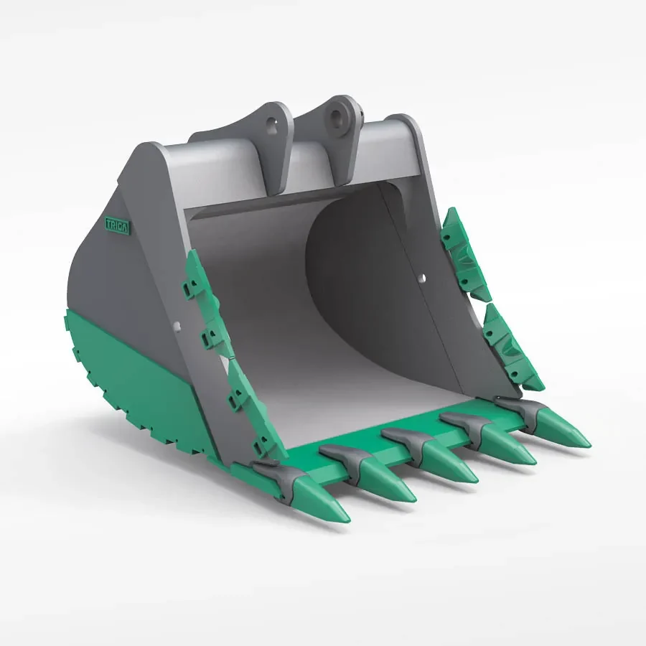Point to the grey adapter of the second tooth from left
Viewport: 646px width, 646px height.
pyautogui.click(x=343, y=457)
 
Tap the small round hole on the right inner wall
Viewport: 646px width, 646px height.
pyautogui.click(x=422, y=276)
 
